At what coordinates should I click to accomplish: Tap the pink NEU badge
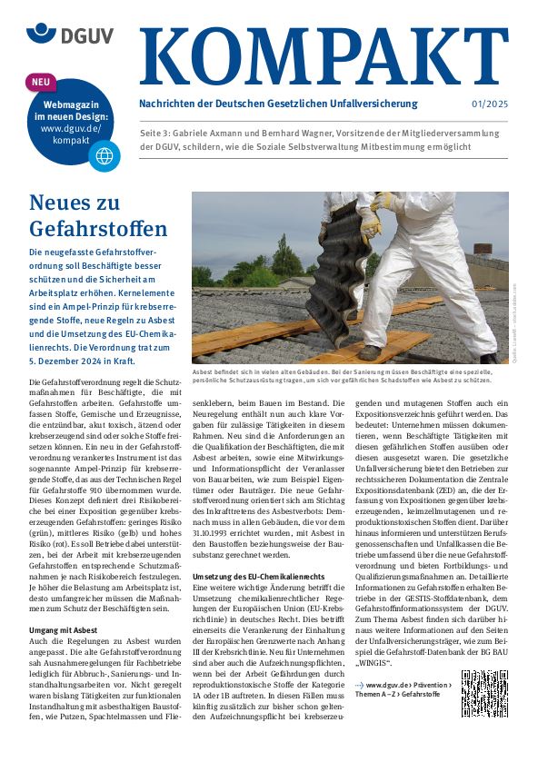42,83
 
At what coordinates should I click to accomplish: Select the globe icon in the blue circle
104,155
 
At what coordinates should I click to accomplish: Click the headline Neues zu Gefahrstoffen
85,214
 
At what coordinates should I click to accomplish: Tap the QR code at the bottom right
483,693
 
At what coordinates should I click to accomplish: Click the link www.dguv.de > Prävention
404,684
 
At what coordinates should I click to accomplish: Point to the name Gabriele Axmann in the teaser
219,133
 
